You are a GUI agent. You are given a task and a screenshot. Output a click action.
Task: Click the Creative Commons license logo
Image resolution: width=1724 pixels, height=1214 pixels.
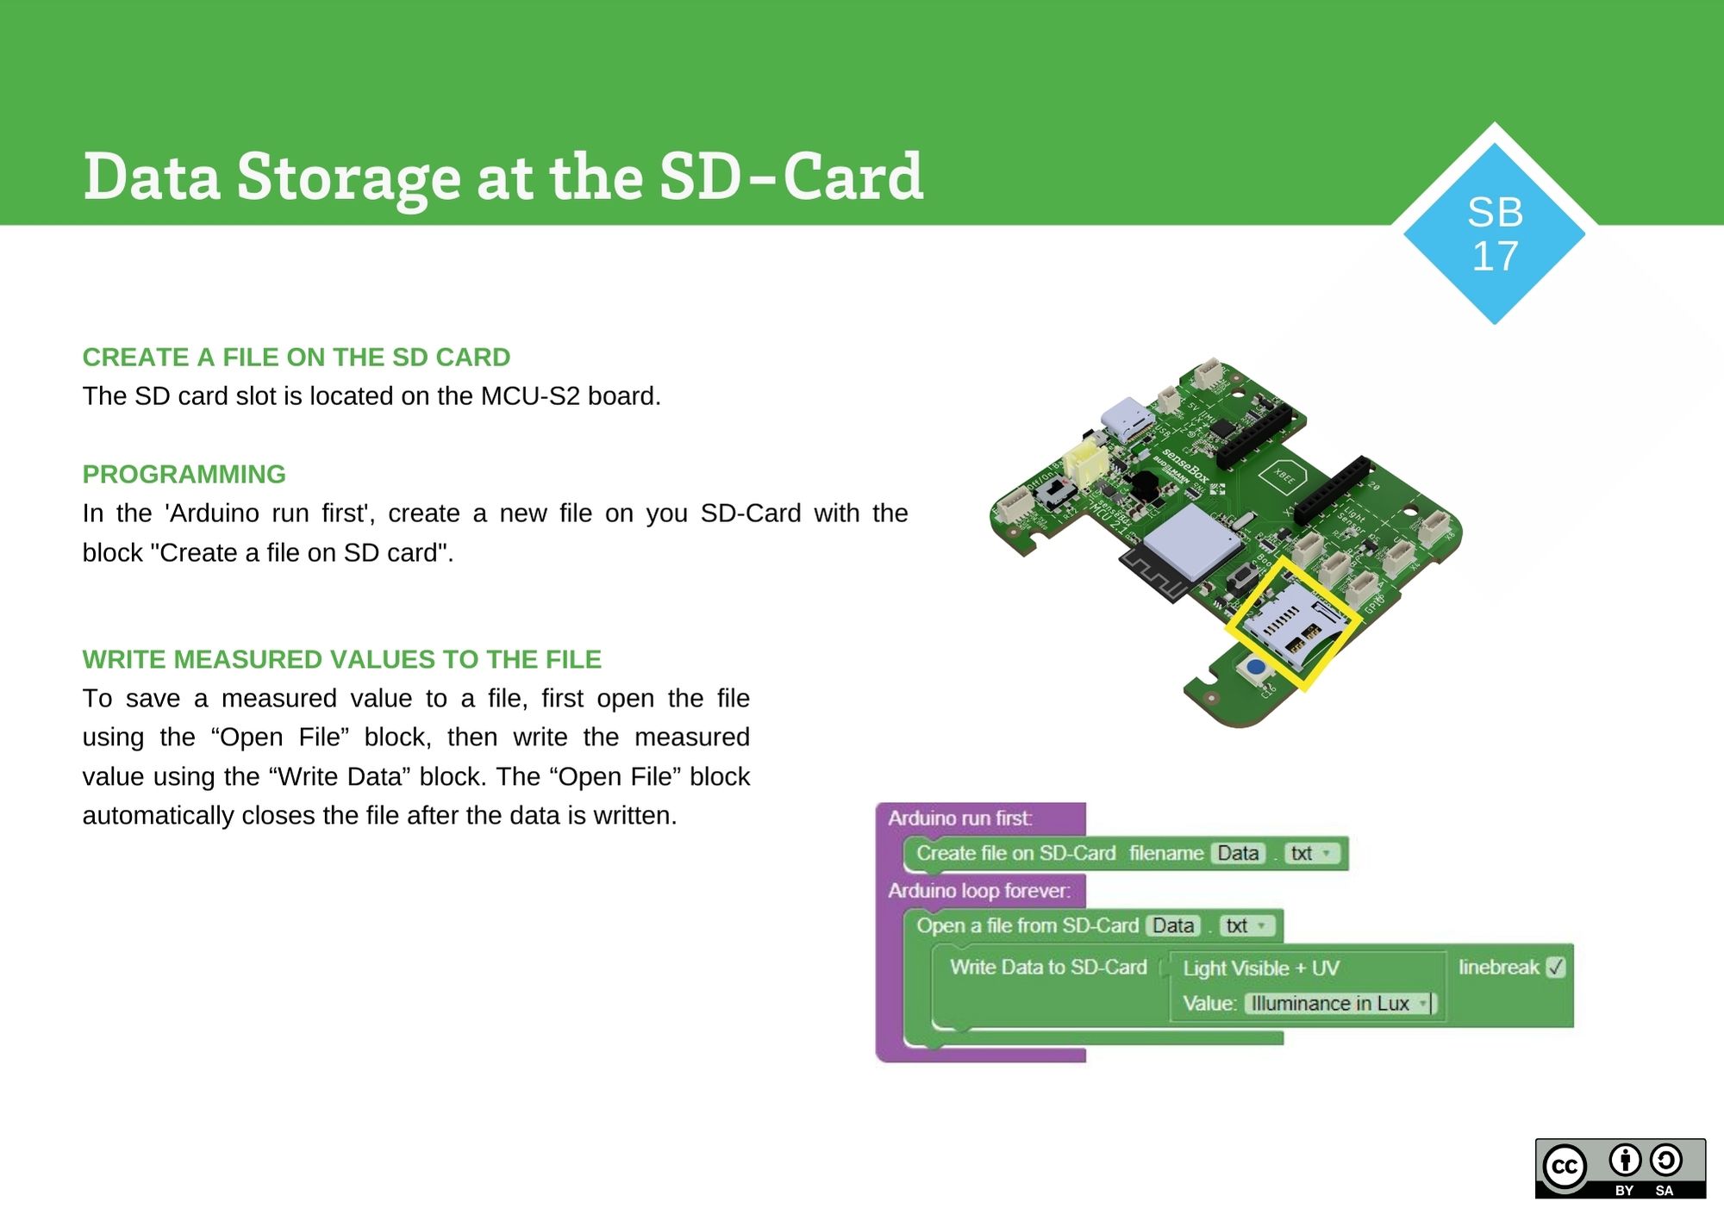point(1620,1167)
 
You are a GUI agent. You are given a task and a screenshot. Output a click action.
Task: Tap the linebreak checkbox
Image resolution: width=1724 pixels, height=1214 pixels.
point(1555,968)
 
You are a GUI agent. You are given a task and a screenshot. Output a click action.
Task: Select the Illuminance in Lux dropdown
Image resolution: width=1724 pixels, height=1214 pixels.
point(1339,1004)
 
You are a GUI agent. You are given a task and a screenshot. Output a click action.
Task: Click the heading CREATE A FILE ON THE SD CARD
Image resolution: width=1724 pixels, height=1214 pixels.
point(296,358)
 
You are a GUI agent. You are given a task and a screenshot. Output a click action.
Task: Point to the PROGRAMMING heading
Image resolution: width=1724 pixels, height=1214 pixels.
point(184,475)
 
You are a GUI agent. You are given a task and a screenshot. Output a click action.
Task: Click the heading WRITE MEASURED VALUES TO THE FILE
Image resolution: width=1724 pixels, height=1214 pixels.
point(341,660)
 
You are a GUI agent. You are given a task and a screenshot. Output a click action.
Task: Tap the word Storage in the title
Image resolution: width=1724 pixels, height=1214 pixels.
point(348,177)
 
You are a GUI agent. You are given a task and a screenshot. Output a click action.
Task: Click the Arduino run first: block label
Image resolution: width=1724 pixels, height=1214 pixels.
point(960,819)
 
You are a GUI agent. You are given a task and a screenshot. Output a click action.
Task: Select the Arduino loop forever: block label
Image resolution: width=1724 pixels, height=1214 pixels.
point(979,891)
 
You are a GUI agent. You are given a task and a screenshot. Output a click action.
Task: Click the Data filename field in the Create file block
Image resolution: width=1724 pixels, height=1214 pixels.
point(1238,854)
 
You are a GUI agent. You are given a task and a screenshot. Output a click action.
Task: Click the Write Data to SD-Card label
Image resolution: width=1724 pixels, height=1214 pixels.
point(1048,968)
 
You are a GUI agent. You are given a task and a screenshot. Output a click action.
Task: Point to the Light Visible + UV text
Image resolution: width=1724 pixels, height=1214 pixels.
point(1261,968)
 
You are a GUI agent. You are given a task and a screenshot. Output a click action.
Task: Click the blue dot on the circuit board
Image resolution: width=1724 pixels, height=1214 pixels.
point(1257,667)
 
